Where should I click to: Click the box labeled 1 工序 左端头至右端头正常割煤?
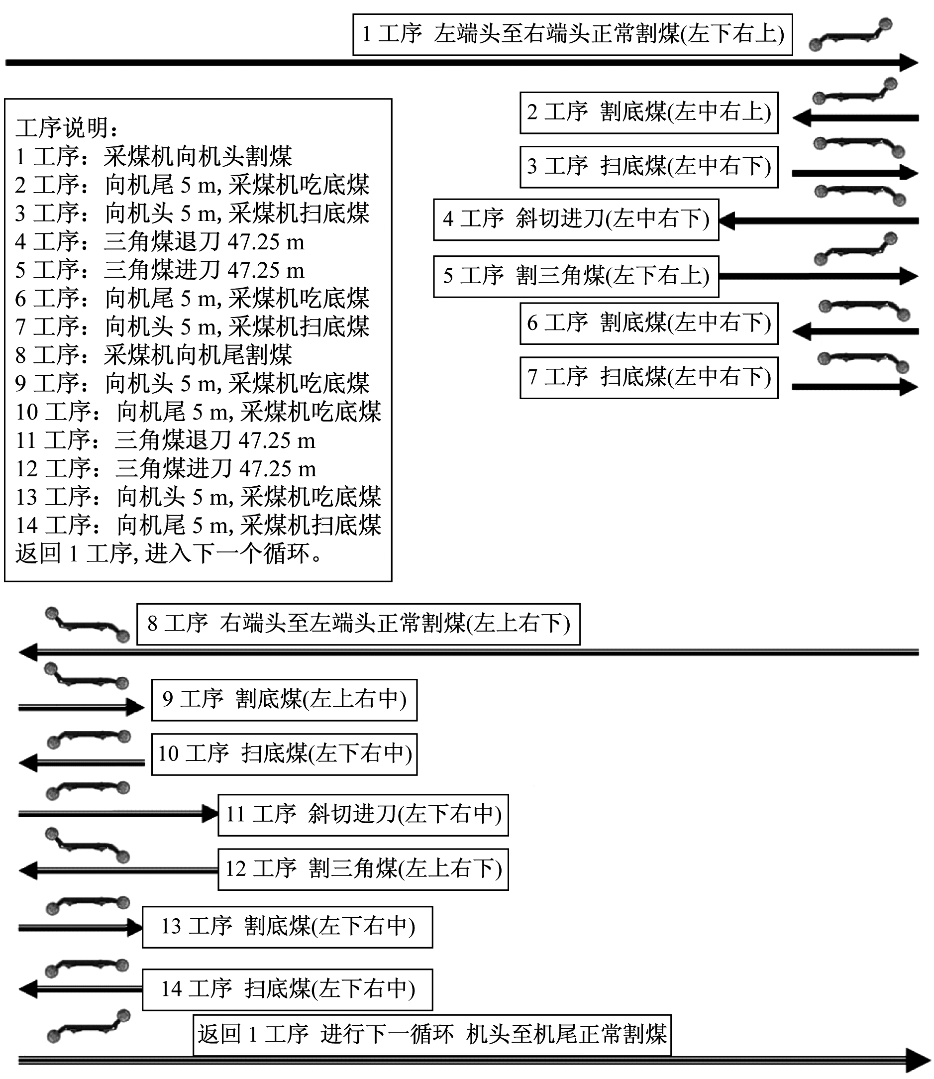[572, 34]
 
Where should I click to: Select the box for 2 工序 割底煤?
[649, 112]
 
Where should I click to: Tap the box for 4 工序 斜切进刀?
[576, 219]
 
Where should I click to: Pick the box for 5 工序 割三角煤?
[576, 276]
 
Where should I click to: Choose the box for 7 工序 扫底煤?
[649, 378]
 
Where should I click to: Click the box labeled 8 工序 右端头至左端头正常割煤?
[359, 624]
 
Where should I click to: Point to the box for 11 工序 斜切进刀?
[363, 815]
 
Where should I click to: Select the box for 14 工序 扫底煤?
[288, 989]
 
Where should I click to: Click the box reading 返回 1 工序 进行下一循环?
[432, 1035]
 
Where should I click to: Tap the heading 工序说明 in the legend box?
[67, 128]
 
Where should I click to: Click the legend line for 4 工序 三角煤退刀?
[160, 241]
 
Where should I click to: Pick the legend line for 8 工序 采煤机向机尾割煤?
[154, 355]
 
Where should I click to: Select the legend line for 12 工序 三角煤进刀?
[166, 469]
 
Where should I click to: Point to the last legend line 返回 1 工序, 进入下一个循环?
[169, 553]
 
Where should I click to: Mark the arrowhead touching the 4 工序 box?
[727, 221]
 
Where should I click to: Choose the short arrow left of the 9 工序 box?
[81, 707]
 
